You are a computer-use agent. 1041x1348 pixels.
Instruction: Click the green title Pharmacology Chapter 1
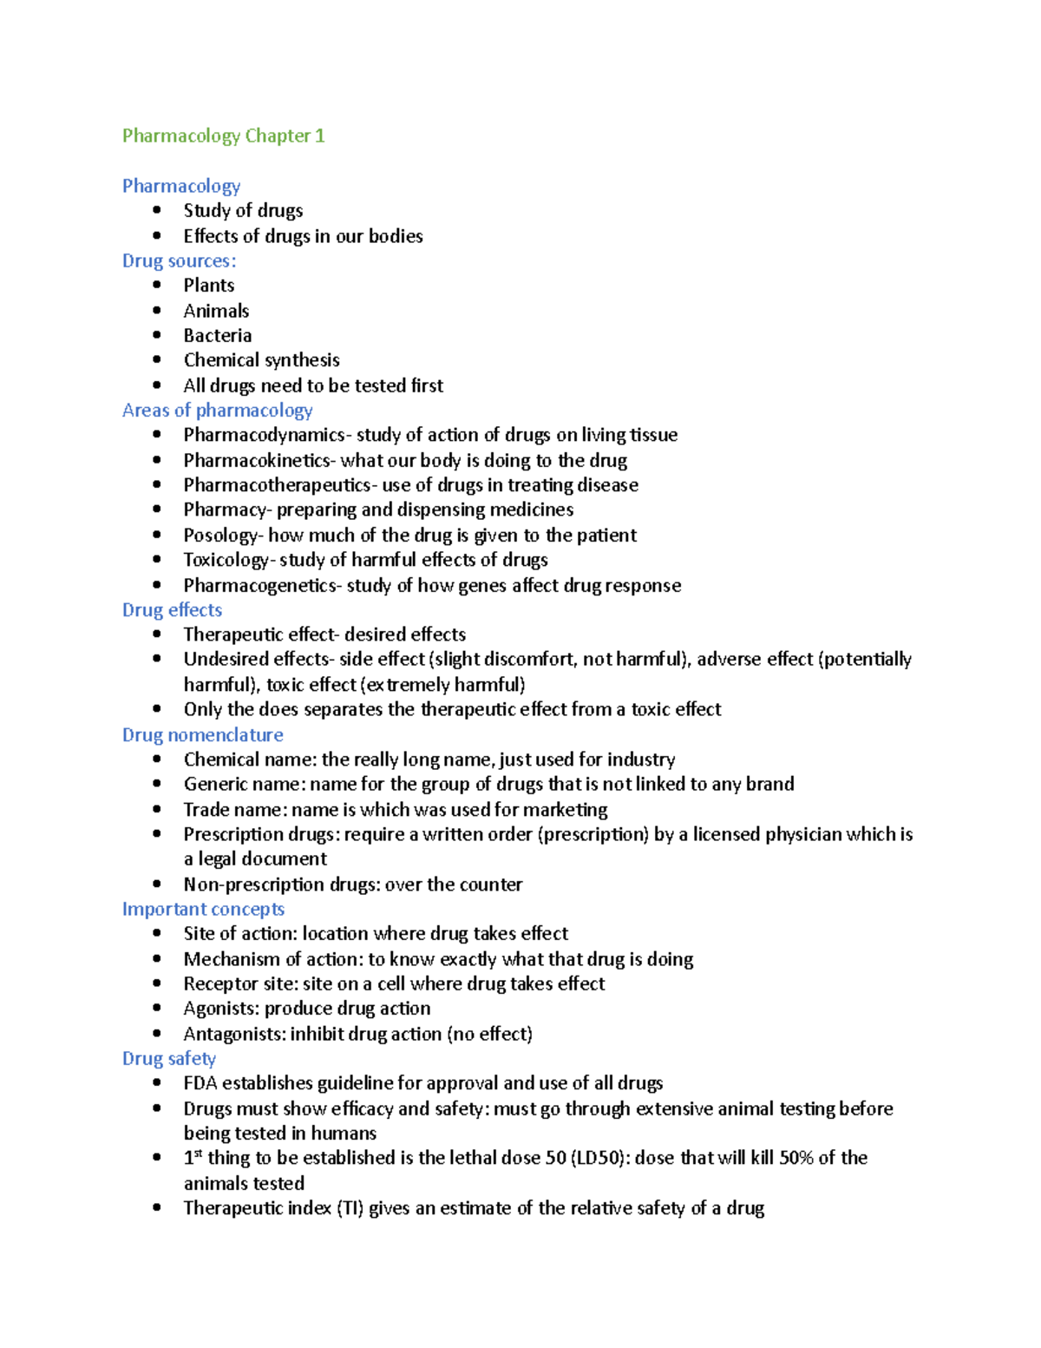[x=223, y=135]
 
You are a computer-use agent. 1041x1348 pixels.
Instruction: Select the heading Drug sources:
[x=179, y=260]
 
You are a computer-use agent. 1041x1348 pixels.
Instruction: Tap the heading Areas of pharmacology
[x=217, y=410]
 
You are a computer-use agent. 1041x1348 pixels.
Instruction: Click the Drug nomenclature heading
[x=202, y=734]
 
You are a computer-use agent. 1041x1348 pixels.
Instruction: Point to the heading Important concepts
[x=203, y=909]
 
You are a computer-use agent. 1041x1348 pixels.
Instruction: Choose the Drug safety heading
[x=168, y=1058]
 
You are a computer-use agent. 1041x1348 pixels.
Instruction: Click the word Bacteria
[x=217, y=335]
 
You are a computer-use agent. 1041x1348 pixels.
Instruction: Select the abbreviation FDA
[x=200, y=1083]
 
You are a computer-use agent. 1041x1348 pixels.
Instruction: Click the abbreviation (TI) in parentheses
[x=350, y=1208]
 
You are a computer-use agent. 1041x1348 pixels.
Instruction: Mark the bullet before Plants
[x=157, y=285]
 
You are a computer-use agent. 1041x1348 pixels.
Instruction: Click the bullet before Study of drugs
[x=157, y=210]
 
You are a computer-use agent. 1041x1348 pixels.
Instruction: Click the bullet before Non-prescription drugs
[x=157, y=884]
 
